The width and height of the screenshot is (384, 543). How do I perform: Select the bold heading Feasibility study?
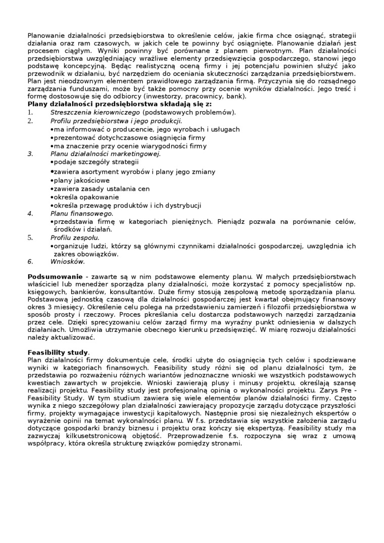point(58,352)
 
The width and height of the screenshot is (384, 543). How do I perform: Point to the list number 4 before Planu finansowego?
point(30,214)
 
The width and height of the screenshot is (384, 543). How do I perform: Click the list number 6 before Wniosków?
point(30,262)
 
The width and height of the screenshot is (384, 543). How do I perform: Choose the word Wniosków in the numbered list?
point(68,262)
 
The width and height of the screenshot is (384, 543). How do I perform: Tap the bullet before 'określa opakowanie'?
point(52,198)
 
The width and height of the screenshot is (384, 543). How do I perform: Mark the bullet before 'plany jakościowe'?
point(52,181)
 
